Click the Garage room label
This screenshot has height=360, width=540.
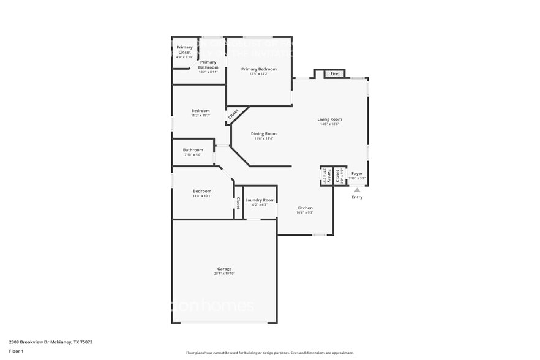[224, 269]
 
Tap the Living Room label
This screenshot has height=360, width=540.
[329, 119]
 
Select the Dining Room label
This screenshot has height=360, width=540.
[263, 133]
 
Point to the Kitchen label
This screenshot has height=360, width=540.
[305, 208]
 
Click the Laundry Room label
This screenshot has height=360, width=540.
[260, 200]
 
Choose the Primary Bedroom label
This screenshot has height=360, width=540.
[258, 69]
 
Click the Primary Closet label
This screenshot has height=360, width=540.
[184, 50]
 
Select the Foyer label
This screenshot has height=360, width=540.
[357, 173]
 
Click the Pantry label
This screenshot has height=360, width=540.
[328, 176]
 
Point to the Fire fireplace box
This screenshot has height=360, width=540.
[334, 74]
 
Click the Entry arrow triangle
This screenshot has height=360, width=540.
[357, 190]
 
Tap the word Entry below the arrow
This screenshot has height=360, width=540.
[357, 197]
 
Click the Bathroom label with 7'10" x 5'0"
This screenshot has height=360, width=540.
[193, 150]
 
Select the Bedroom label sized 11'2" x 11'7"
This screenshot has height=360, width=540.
[200, 111]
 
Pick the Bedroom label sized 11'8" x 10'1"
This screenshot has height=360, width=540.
[202, 191]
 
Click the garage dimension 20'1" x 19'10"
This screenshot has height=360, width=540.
[224, 274]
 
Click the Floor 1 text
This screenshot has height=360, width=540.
[17, 351]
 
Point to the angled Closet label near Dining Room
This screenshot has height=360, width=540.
[233, 114]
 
